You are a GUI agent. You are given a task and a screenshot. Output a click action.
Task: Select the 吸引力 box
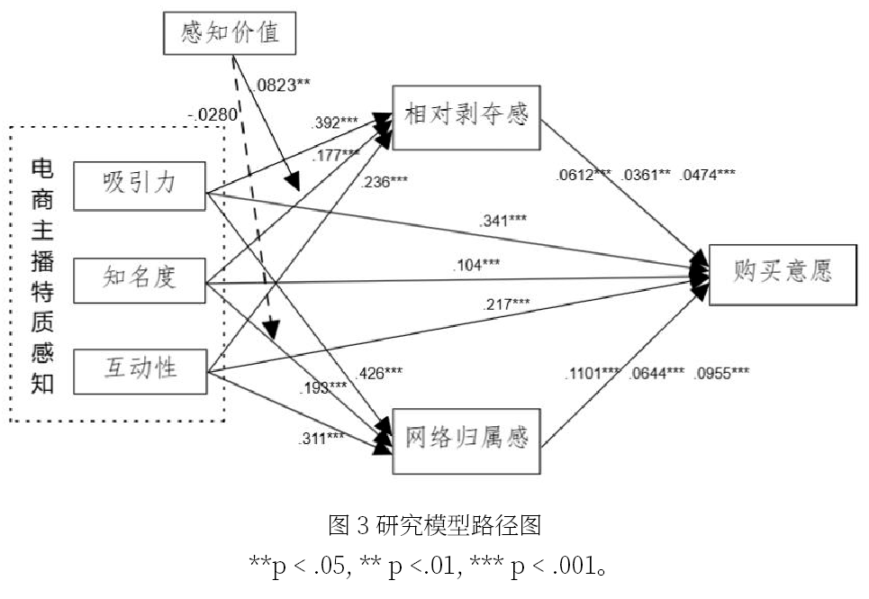[139, 185]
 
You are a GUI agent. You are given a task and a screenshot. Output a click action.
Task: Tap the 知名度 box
[139, 277]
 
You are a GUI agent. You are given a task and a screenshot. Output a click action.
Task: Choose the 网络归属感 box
[466, 439]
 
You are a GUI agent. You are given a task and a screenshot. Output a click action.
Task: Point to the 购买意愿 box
[781, 271]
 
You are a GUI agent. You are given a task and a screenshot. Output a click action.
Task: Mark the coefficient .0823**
[283, 85]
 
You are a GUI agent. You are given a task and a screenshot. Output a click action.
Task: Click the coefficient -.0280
[211, 114]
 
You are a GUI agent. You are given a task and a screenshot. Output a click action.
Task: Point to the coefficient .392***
[335, 123]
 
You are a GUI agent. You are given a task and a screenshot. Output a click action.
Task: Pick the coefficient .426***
[381, 373]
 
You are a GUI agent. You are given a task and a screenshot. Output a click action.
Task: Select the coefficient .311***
[321, 439]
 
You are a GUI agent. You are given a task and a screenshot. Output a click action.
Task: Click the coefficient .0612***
[584, 174]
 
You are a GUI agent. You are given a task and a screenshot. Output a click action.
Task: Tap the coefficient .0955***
[721, 373]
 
